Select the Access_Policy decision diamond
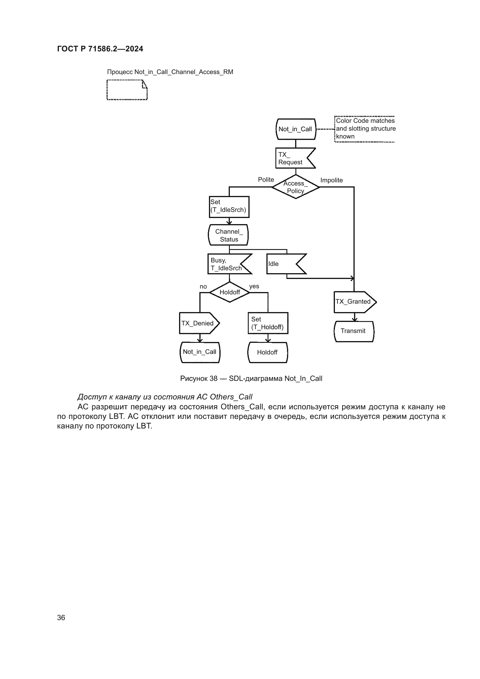[295, 187]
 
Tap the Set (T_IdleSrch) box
[229, 207]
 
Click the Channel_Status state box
[228, 235]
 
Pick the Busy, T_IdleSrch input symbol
[227, 264]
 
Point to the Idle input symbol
[284, 264]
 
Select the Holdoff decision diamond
[230, 292]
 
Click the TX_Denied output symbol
[198, 323]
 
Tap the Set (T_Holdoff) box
[268, 323]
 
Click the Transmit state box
[354, 331]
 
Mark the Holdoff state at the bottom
[268, 352]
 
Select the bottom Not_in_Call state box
[200, 352]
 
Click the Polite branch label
[266, 179]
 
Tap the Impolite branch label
[331, 180]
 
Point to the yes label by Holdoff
[254, 286]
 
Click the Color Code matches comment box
[365, 129]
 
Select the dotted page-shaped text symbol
[127, 90]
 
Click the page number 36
[61, 617]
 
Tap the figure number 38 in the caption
[213, 379]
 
